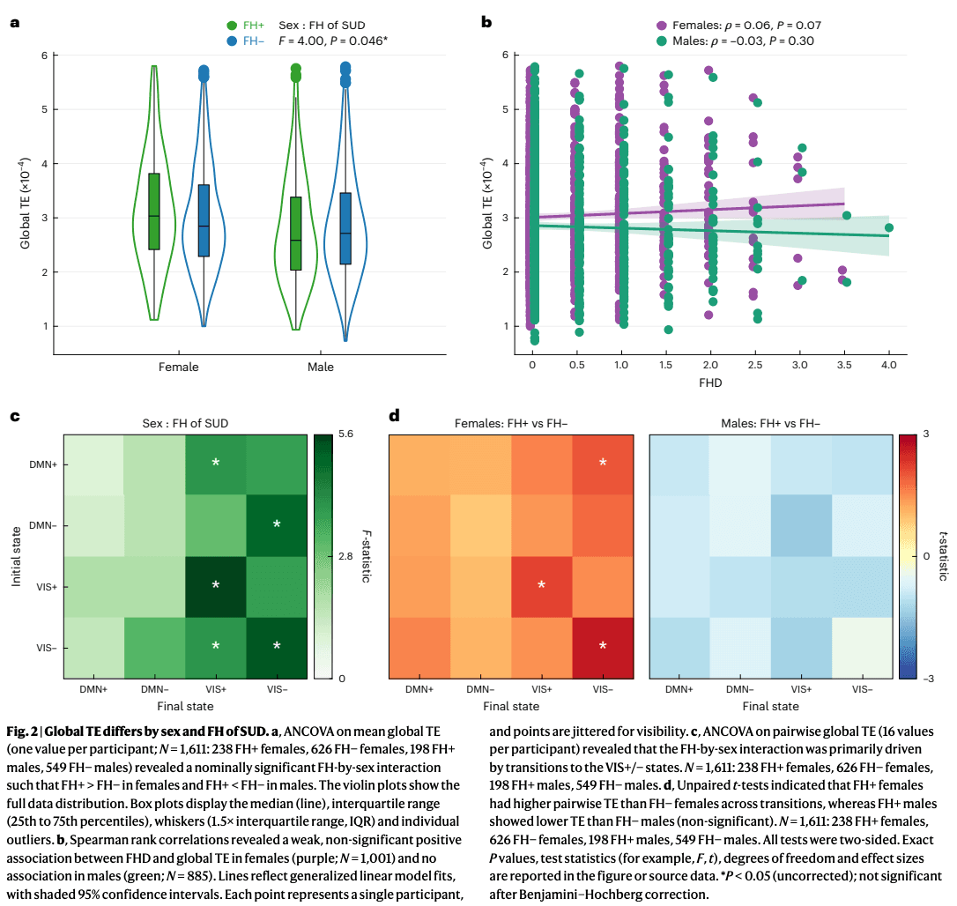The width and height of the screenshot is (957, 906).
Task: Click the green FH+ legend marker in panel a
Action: point(233,26)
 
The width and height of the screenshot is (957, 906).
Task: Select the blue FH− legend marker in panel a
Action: point(233,41)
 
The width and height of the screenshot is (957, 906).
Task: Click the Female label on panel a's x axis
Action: point(178,367)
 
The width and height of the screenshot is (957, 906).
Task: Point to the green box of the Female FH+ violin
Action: point(154,212)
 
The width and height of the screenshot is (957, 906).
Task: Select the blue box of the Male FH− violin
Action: point(345,228)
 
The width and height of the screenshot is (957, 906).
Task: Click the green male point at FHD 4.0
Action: point(888,227)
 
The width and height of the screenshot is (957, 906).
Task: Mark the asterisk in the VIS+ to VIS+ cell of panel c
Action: point(216,585)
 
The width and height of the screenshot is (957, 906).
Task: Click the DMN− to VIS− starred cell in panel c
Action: point(277,524)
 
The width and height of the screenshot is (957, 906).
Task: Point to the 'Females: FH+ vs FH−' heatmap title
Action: point(510,423)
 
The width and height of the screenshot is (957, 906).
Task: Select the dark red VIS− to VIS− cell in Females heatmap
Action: point(603,646)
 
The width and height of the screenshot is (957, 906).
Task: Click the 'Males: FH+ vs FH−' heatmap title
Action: point(771,423)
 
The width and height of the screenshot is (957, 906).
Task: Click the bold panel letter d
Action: point(395,415)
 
